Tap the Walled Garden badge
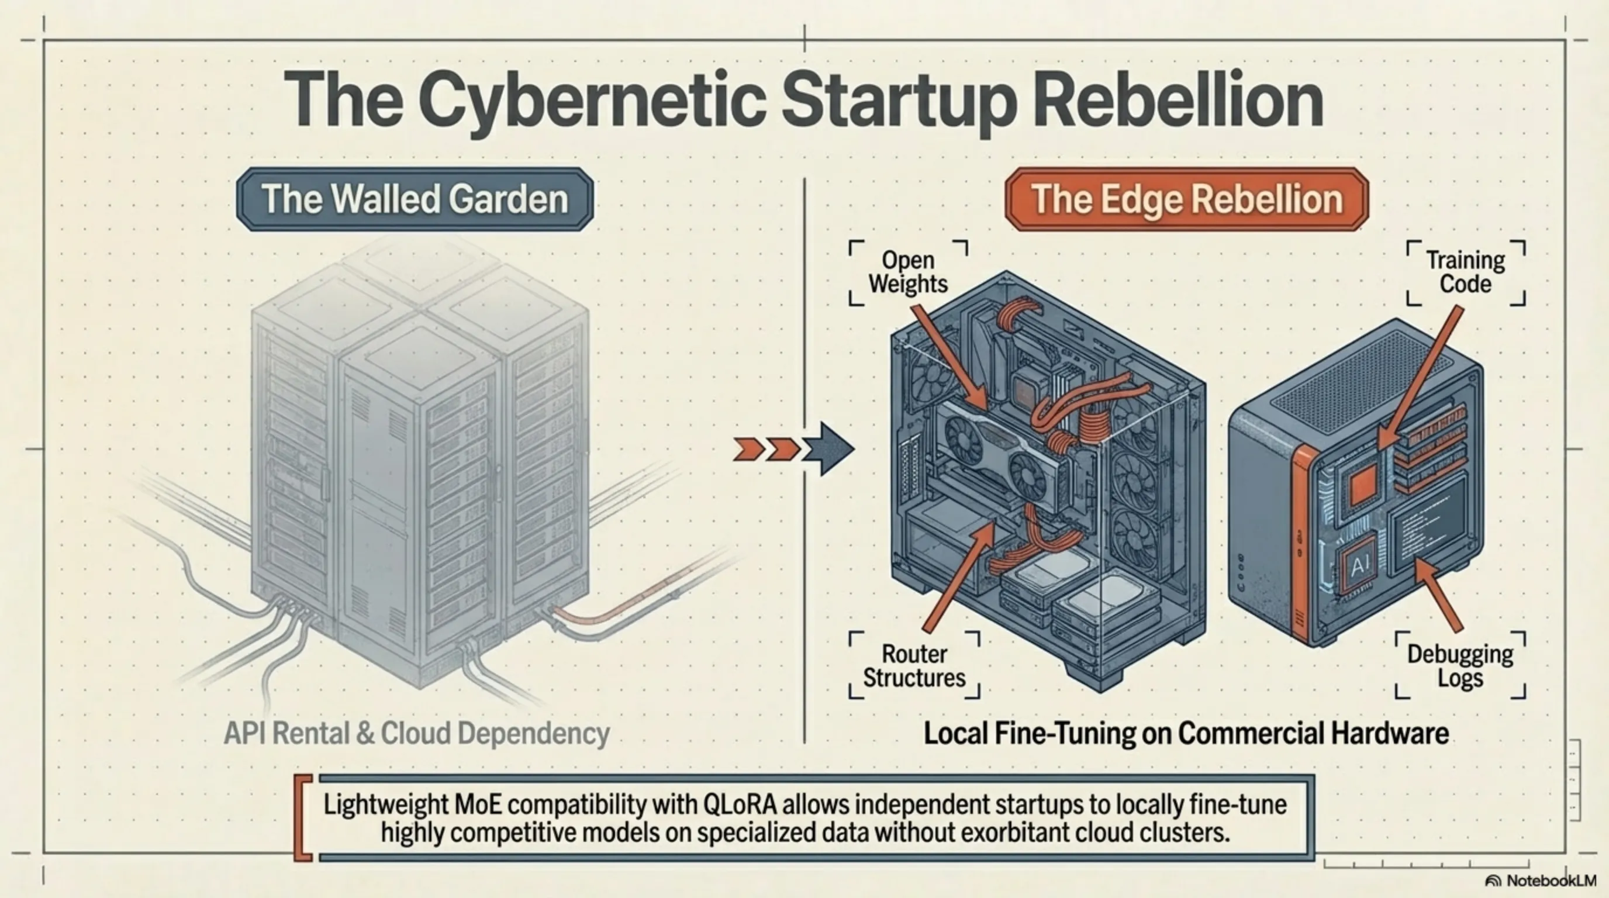tap(415, 199)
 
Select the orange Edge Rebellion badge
tap(1186, 199)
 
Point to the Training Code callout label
tap(1465, 272)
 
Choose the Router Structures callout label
tap(914, 666)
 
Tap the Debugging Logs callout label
tap(1460, 666)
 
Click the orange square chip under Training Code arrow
tap(1362, 484)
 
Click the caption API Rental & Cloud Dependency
tap(417, 733)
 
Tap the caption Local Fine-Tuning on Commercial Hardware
tap(1186, 733)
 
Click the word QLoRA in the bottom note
tap(740, 805)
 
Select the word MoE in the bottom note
tap(478, 805)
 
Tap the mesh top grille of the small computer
tap(1362, 375)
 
